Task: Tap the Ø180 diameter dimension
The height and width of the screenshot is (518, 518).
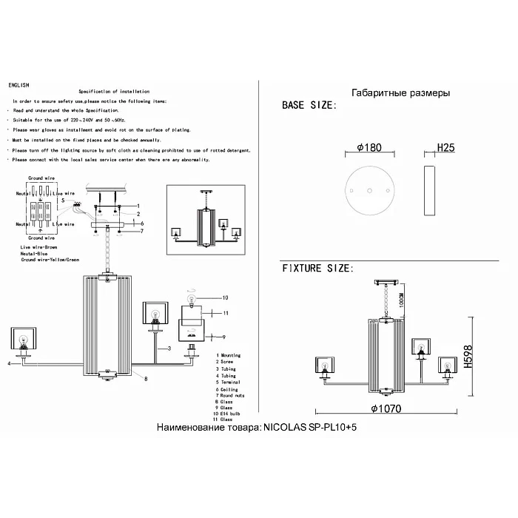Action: pyautogui.click(x=369, y=148)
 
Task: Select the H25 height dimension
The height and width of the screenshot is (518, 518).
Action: pyautogui.click(x=445, y=148)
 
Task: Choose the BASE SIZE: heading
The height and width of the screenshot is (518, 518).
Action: pyautogui.click(x=309, y=106)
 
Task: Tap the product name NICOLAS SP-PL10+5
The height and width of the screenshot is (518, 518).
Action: pyautogui.click(x=262, y=428)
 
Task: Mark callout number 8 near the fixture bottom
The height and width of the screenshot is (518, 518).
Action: pyautogui.click(x=145, y=379)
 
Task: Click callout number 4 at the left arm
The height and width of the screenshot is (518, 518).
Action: pyautogui.click(x=9, y=364)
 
